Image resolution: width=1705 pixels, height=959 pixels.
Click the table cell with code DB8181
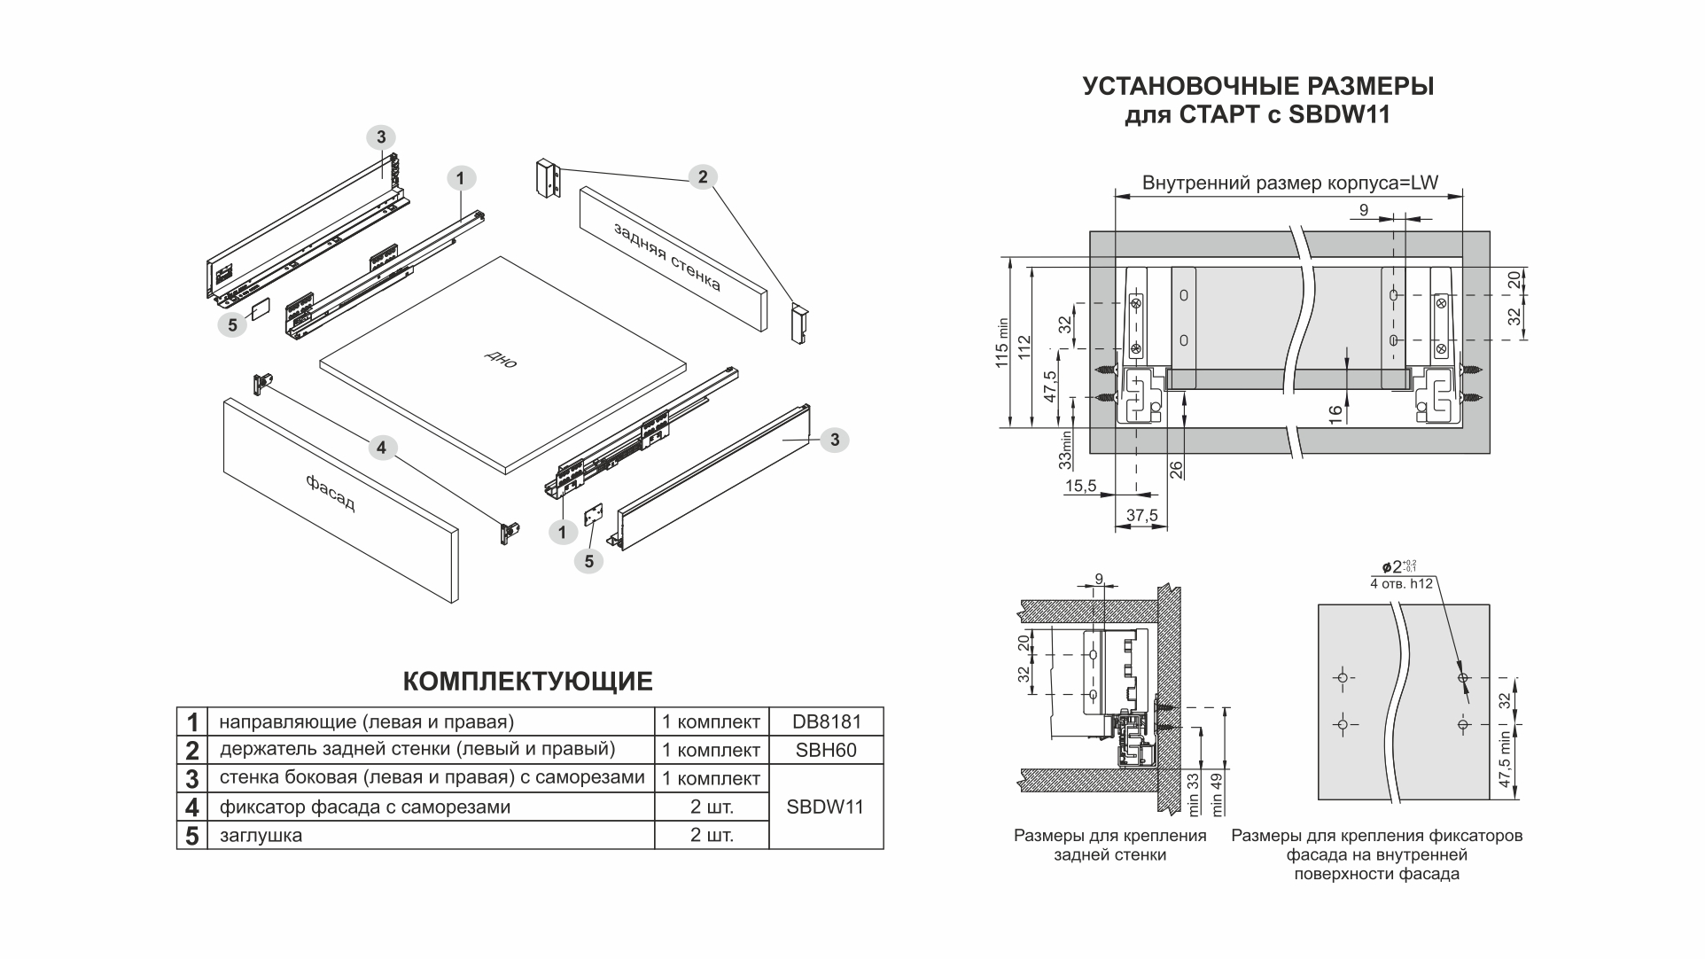tap(826, 721)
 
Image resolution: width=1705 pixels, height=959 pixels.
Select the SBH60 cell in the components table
tap(826, 750)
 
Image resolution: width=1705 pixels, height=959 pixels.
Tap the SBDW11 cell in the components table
tap(825, 807)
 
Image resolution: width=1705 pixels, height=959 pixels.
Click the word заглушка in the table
tap(261, 835)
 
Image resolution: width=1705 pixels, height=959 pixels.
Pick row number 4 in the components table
tap(191, 807)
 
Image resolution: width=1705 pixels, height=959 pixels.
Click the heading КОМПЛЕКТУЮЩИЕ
tap(527, 682)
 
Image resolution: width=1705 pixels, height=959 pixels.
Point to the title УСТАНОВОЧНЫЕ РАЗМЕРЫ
tap(1257, 87)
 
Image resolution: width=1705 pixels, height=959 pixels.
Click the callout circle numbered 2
tap(703, 176)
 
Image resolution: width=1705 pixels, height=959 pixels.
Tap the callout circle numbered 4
tap(381, 448)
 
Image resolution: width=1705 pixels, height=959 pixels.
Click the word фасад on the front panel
tap(331, 493)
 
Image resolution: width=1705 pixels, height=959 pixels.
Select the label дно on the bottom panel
tap(501, 359)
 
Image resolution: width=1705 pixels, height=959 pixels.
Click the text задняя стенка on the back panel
tap(667, 256)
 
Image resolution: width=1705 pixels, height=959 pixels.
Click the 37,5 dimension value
tap(1142, 516)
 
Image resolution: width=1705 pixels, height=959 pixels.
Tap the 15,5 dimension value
tap(1080, 486)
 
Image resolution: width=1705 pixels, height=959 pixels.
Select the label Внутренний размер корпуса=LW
tap(1289, 183)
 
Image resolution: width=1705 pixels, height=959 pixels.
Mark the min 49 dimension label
tap(1217, 794)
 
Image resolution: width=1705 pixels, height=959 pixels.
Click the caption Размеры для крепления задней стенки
tap(1109, 846)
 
